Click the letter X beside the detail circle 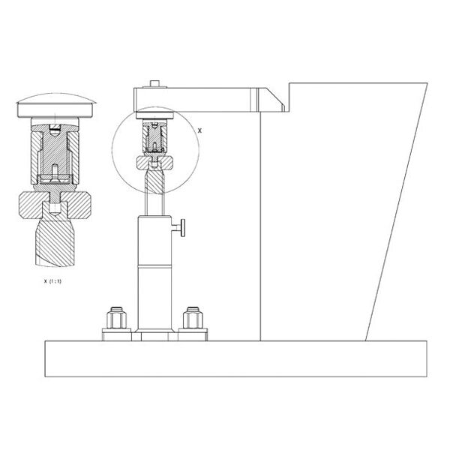pos(199,130)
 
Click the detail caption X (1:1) pos(52,281)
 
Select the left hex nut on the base pos(116,318)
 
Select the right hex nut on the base pos(193,318)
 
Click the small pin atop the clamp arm pos(154,83)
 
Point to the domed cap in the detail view pos(56,105)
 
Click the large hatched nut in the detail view pos(55,205)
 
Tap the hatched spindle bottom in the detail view pos(55,243)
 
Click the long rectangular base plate pos(236,358)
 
